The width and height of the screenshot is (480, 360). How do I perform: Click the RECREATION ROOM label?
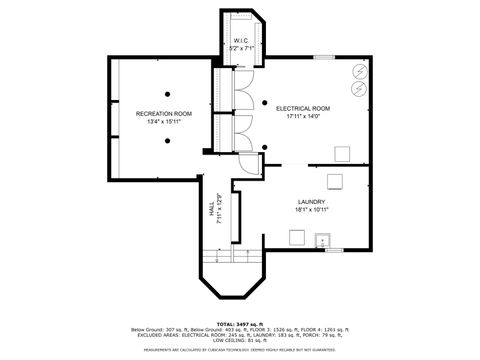point(163,114)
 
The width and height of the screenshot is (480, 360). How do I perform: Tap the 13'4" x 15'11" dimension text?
point(163,122)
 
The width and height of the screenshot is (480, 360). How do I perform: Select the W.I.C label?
point(241,41)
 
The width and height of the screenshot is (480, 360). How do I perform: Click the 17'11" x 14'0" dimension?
point(304,116)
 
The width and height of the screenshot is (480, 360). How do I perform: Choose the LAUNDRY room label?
point(309,201)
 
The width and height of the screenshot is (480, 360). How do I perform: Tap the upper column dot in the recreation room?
point(167,94)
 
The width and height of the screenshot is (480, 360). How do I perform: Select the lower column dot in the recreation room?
point(167,141)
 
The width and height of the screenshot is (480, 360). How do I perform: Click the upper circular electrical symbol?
point(358,69)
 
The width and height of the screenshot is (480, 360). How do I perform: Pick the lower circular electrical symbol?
point(358,86)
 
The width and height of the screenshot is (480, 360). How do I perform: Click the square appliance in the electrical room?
point(341,152)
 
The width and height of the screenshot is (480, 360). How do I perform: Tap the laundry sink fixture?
point(323,239)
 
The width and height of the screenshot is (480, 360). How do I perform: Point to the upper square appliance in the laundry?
point(335,180)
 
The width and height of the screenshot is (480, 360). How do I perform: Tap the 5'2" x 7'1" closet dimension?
point(242,48)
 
